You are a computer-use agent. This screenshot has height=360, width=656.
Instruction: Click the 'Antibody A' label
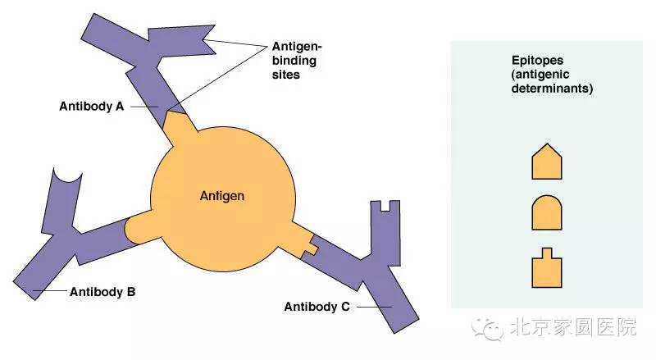(x=91, y=106)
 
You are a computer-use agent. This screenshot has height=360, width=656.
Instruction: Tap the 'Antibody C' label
(x=317, y=307)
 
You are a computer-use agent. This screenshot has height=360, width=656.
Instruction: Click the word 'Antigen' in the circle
(x=222, y=197)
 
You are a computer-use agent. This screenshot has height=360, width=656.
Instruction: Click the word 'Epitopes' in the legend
(x=535, y=59)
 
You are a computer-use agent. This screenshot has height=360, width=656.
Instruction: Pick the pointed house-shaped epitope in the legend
(x=547, y=162)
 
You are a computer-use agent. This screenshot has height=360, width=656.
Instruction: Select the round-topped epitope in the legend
(x=547, y=213)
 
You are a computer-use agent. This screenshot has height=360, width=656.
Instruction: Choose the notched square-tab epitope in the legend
(x=547, y=268)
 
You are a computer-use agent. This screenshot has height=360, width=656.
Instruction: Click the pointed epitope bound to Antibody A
(x=180, y=128)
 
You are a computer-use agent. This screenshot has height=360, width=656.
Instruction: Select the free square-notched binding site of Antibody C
(x=385, y=209)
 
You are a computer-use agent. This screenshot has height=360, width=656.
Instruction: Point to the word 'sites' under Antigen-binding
(x=286, y=74)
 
